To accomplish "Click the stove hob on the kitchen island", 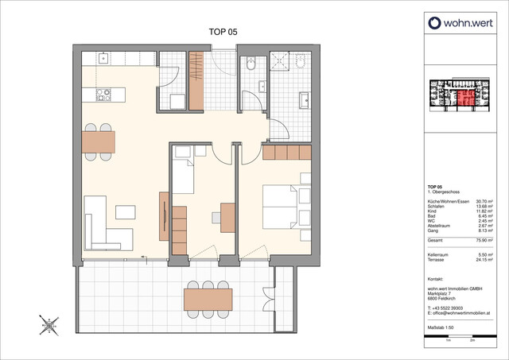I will pos(103,95).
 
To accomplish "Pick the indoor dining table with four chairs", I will pos(98,141).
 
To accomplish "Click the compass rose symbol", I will pos(49,324).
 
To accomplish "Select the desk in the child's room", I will pos(227,216).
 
